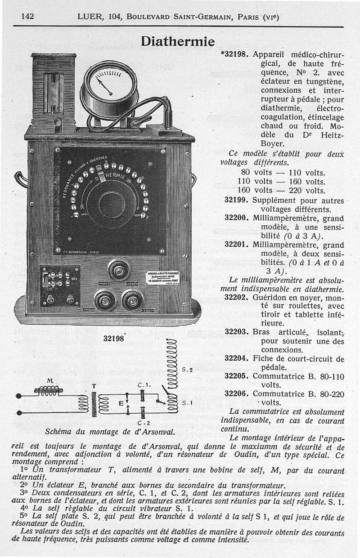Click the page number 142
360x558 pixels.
click(28, 17)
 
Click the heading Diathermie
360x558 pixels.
click(178, 41)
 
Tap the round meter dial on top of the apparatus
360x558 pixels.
click(110, 84)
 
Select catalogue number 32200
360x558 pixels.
click(236, 218)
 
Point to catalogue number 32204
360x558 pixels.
click(236, 358)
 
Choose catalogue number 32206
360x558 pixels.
click(236, 393)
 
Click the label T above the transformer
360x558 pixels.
click(94, 386)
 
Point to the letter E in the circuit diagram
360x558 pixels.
click(121, 404)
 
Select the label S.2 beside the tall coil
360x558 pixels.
click(187, 370)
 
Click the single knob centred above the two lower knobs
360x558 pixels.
click(119, 270)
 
